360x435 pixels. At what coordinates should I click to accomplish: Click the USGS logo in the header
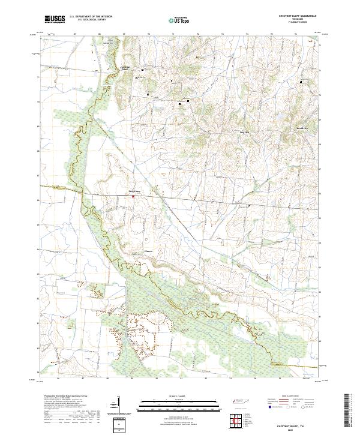pyautogui.click(x=55, y=19)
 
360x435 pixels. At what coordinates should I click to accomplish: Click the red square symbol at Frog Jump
pyautogui.click(x=133, y=195)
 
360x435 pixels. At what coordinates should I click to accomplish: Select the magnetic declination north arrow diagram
pyautogui.click(x=118, y=406)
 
